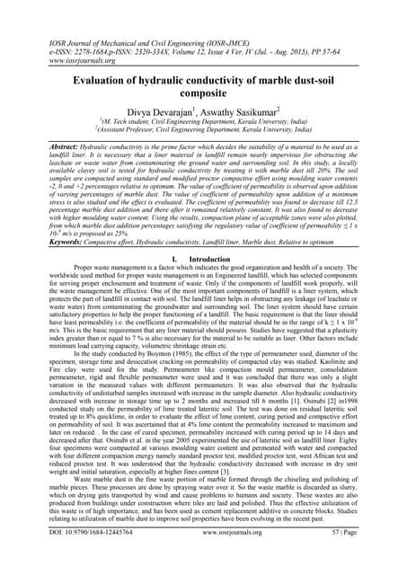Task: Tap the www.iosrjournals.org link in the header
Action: [50, 40]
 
